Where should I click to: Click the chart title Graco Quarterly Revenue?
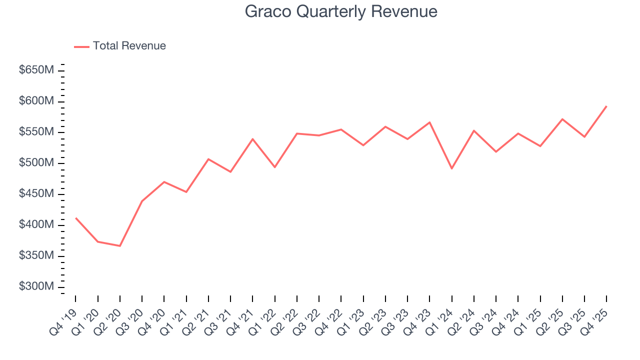click(x=341, y=11)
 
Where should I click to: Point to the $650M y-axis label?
click(x=36, y=70)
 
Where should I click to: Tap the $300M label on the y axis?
click(x=36, y=287)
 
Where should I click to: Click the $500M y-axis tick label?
click(x=36, y=163)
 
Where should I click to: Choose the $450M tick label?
click(x=36, y=194)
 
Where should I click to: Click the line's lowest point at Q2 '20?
click(x=120, y=246)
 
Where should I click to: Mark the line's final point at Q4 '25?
click(x=606, y=106)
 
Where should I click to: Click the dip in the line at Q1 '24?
click(x=451, y=168)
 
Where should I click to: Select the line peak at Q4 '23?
click(x=429, y=122)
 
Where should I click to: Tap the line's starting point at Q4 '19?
click(x=75, y=217)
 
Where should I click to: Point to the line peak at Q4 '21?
click(x=252, y=138)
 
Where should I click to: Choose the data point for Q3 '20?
click(x=142, y=201)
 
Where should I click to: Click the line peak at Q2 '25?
click(x=562, y=119)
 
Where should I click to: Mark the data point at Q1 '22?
click(x=274, y=167)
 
